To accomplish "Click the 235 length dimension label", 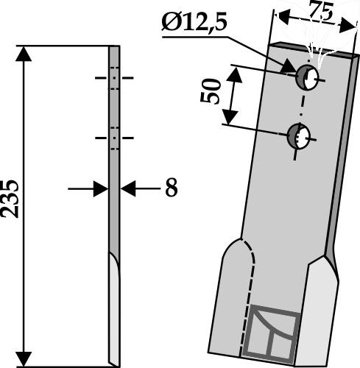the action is tap(10, 199).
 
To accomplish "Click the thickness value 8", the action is tap(172, 188).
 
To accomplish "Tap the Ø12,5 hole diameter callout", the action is tap(194, 23).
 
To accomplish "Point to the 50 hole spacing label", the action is tap(210, 91).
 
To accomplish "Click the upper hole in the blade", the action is tap(308, 77).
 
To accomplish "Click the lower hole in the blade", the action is tap(299, 136).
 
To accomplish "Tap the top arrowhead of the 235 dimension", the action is tap(24, 54).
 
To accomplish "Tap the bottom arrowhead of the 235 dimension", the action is tap(24, 359).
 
